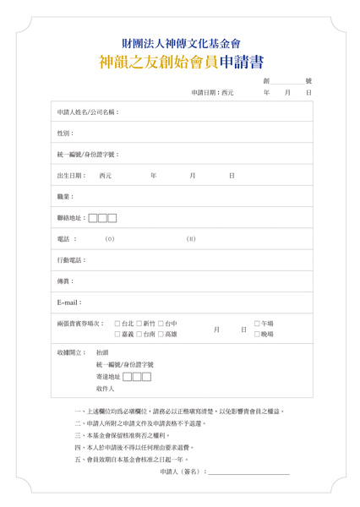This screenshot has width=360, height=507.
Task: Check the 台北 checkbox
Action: tap(117, 324)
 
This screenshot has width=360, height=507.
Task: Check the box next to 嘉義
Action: tap(117, 335)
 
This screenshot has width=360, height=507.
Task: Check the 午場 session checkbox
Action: tap(257, 324)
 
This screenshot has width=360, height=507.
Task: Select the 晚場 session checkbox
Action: tap(257, 335)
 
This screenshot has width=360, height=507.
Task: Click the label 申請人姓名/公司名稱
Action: tap(88, 112)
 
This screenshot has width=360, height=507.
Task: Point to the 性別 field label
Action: tap(65, 134)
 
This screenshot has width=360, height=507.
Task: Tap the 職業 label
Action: tap(65, 197)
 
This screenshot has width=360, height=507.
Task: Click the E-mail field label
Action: tap(69, 302)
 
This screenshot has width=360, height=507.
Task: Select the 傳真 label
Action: tap(65, 281)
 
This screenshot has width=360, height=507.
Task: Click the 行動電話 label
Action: tap(72, 259)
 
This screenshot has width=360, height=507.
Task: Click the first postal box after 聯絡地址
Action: tap(93, 218)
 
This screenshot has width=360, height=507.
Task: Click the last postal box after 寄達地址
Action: tap(146, 377)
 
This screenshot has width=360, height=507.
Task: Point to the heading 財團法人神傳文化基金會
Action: tap(181, 43)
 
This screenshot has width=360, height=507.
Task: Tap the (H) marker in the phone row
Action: tap(191, 239)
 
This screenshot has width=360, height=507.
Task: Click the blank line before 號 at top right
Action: tap(285, 80)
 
